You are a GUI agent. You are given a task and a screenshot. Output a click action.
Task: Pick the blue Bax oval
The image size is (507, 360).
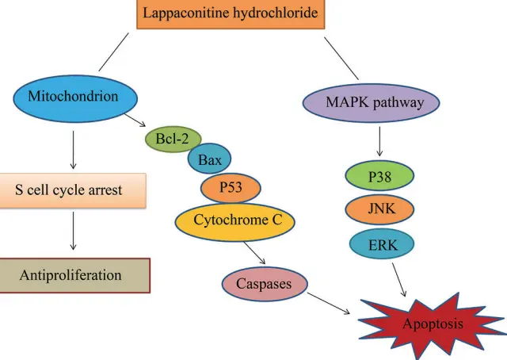209,161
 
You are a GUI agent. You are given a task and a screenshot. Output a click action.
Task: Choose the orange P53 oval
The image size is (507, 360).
231,189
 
